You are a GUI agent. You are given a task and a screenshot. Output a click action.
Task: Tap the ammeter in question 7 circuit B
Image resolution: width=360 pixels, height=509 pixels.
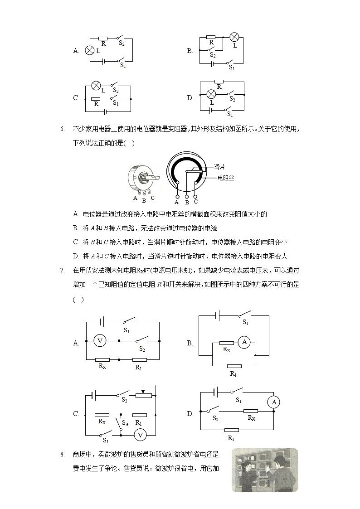(244, 343)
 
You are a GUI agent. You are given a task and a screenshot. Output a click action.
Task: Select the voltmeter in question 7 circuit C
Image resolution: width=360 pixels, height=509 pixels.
(140, 435)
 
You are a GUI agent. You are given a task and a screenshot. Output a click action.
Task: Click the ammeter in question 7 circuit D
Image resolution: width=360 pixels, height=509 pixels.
(273, 402)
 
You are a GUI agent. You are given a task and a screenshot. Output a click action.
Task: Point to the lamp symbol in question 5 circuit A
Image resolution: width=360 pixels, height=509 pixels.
(90, 51)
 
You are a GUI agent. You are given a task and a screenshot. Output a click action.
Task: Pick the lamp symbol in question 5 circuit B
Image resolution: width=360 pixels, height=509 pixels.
(234, 37)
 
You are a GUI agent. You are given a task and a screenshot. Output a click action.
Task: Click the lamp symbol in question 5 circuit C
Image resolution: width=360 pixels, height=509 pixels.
(96, 85)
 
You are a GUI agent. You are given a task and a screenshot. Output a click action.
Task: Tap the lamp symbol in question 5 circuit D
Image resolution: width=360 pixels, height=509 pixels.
(211, 94)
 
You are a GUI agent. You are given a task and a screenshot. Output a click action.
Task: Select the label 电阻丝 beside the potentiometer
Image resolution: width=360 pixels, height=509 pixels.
(225, 178)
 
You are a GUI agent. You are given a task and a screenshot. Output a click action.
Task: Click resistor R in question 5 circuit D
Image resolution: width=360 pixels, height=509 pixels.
(219, 82)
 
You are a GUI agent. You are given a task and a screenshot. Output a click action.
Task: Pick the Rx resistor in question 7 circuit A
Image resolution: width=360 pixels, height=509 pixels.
(102, 359)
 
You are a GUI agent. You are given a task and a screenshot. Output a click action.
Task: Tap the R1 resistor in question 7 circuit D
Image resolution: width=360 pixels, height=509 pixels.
(231, 430)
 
